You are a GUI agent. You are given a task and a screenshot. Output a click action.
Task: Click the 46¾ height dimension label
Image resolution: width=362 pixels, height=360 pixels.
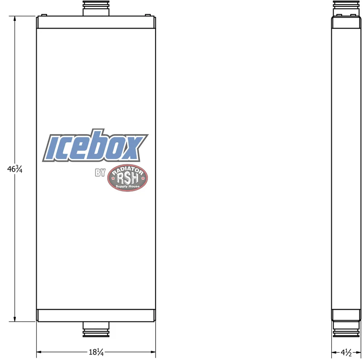tap(15, 169)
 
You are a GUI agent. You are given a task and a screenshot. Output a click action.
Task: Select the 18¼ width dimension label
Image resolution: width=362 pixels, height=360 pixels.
tap(96, 352)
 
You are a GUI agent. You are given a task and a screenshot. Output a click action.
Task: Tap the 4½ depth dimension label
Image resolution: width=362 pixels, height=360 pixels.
tap(346, 352)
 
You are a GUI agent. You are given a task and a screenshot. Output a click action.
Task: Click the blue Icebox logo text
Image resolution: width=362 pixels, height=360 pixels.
tap(95, 145)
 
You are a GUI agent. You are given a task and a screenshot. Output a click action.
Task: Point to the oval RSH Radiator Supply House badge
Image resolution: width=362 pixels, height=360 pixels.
tap(128, 178)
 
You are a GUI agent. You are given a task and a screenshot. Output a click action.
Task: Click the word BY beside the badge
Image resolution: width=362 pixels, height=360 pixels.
tap(100, 173)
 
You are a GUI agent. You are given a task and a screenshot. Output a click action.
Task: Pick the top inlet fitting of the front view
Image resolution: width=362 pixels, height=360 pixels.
tap(96, 8)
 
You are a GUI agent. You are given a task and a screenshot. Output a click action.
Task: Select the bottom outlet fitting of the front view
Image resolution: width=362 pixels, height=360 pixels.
tap(96, 329)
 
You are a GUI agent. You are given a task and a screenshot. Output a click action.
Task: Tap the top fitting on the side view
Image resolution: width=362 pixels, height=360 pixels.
tap(346, 8)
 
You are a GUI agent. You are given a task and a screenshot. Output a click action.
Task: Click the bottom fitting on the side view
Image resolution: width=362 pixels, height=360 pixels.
tap(346, 329)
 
